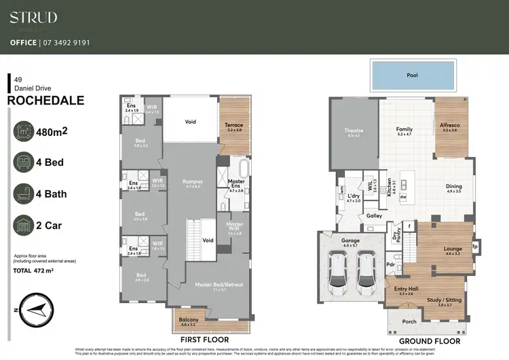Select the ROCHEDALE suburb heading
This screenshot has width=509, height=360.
(x=45, y=101)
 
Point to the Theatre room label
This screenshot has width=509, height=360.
(x=354, y=130)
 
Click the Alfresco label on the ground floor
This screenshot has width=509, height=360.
(x=452, y=128)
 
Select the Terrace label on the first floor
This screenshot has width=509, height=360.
(x=234, y=125)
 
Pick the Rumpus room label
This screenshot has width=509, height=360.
(x=191, y=181)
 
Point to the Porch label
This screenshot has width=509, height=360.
(x=409, y=321)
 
